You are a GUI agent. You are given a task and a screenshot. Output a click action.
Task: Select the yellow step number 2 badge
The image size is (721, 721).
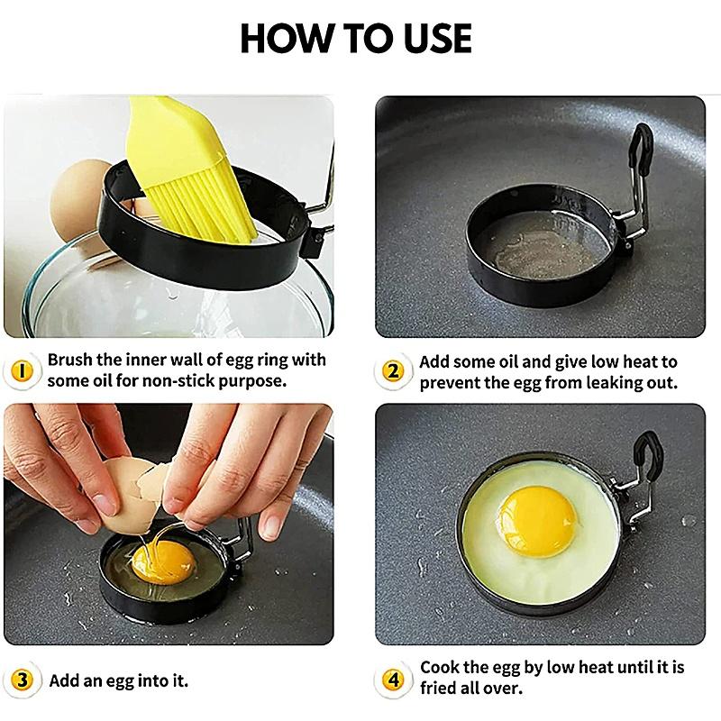pyautogui.click(x=393, y=370)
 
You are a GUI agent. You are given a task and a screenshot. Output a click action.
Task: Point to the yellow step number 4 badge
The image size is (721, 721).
pyautogui.click(x=393, y=680)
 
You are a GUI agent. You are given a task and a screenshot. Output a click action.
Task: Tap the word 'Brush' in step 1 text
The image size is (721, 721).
pyautogui.click(x=71, y=360)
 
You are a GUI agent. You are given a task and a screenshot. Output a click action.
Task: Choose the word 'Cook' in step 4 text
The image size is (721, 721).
pyautogui.click(x=442, y=669)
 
